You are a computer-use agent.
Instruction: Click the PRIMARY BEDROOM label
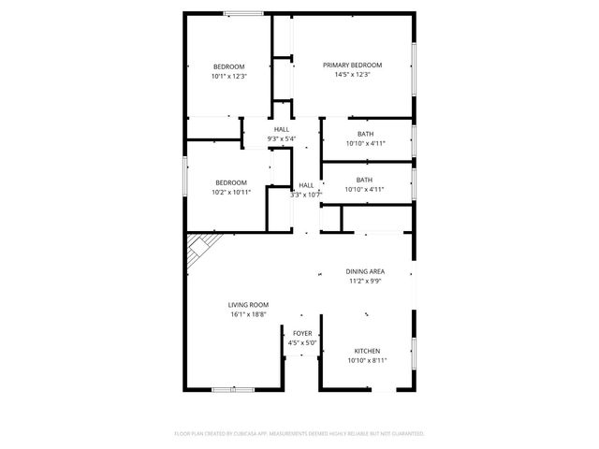(x=353, y=65)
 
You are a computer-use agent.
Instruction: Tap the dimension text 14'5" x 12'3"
(x=353, y=75)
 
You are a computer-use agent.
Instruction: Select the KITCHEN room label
(x=367, y=351)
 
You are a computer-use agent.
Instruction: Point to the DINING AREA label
(x=365, y=271)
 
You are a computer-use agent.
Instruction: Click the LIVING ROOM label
(x=249, y=304)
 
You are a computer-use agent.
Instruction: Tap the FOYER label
(x=302, y=333)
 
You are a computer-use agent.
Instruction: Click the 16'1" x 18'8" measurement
(x=249, y=314)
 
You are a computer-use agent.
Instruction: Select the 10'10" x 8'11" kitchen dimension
(x=367, y=360)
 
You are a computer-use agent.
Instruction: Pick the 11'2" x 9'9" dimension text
(x=365, y=281)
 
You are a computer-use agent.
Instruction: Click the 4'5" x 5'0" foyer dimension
(x=302, y=342)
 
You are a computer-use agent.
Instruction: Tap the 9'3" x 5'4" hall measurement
(x=281, y=139)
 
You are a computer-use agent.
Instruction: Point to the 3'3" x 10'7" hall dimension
(x=306, y=195)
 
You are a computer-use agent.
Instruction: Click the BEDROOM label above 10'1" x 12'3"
(x=229, y=66)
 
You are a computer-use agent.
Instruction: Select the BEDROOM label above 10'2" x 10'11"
(x=231, y=181)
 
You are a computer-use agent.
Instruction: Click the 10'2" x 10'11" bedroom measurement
(x=231, y=192)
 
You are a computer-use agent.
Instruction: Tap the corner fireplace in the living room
(x=199, y=248)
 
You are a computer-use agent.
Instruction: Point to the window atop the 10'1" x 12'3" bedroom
(x=241, y=13)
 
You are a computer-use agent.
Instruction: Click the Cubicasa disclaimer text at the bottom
(x=299, y=433)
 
